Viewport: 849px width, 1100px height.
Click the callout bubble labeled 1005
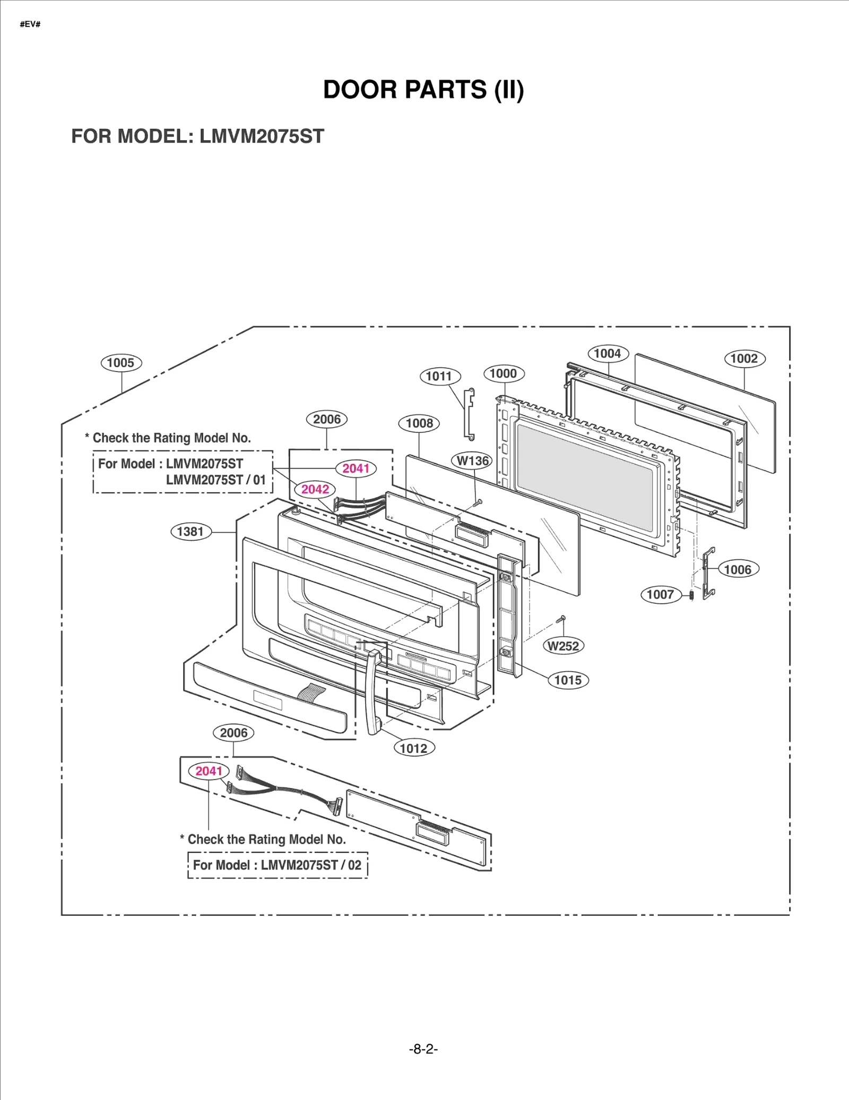(x=121, y=363)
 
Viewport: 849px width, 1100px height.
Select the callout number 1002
(x=744, y=359)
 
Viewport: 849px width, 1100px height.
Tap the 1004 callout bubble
(x=608, y=353)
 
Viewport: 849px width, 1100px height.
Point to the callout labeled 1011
(x=439, y=376)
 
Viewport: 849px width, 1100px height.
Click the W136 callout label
(x=472, y=461)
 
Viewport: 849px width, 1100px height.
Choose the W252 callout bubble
(x=563, y=646)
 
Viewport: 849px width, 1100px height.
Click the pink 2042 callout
(x=315, y=489)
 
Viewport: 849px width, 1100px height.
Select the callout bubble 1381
(x=190, y=531)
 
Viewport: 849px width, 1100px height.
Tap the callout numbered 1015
(x=568, y=680)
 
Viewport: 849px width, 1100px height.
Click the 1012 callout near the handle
(x=413, y=748)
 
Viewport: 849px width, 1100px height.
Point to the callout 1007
(x=660, y=594)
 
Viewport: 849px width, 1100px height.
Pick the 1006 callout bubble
(x=738, y=569)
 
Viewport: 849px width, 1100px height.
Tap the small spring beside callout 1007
(x=691, y=595)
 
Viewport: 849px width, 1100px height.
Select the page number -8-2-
(x=423, y=1049)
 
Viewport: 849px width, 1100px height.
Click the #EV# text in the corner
(x=30, y=24)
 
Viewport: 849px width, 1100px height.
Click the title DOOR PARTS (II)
(x=423, y=89)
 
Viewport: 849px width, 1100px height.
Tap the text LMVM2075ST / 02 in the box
(x=311, y=865)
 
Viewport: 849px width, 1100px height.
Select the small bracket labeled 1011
(x=469, y=414)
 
